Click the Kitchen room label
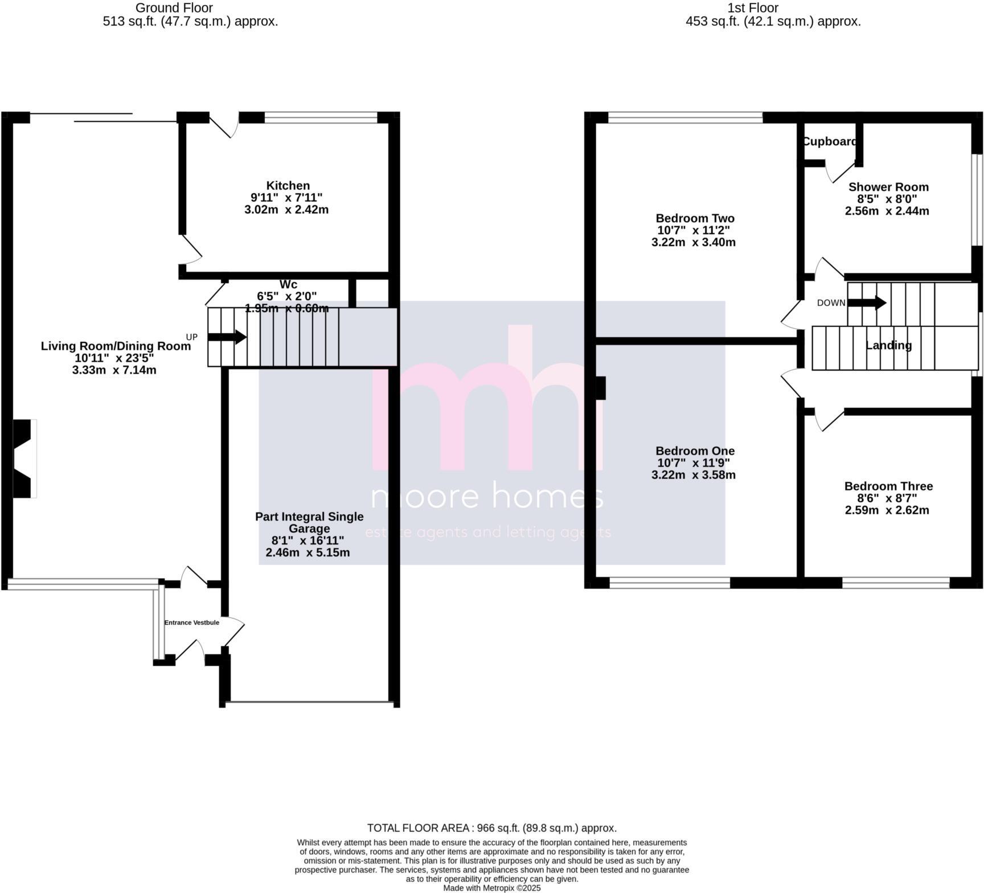point(288,186)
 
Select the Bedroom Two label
point(695,218)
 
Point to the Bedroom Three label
point(888,486)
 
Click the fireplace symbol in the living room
point(24,458)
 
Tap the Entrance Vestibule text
point(192,622)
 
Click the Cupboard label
point(829,142)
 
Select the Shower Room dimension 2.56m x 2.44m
point(887,211)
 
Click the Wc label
point(288,285)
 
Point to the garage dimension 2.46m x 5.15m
point(307,552)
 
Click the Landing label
point(888,345)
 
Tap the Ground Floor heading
point(174,8)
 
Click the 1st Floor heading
point(753,8)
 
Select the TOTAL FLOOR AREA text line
point(491,828)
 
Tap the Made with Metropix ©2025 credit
point(491,888)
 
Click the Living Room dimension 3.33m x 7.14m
point(114,370)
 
